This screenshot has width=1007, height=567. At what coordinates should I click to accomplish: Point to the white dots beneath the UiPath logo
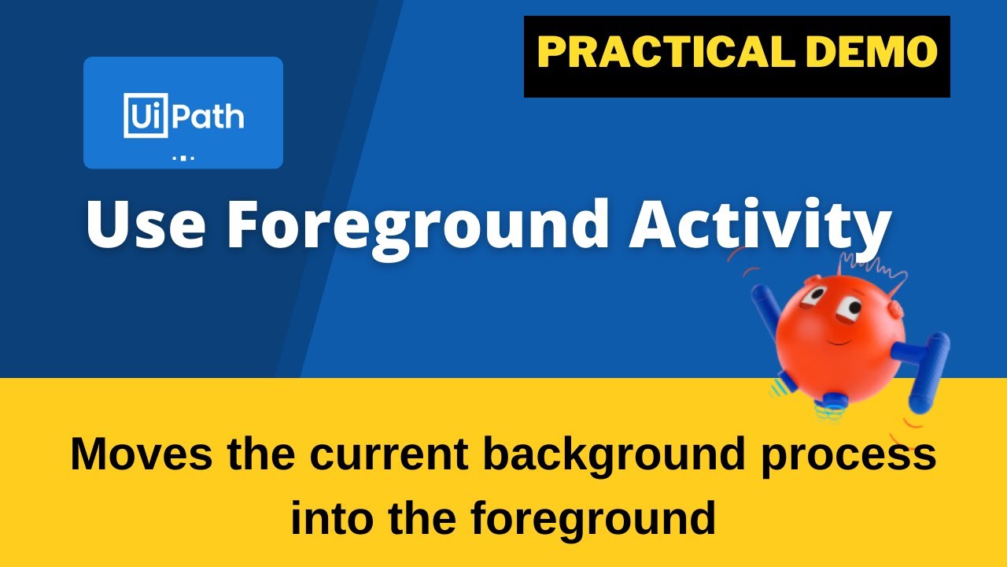click(x=183, y=158)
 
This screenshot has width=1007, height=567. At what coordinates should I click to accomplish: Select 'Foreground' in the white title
click(x=418, y=224)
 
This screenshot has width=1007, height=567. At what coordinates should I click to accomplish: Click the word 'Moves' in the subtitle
click(x=141, y=454)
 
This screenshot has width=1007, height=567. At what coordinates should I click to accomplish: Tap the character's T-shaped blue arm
click(x=928, y=362)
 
